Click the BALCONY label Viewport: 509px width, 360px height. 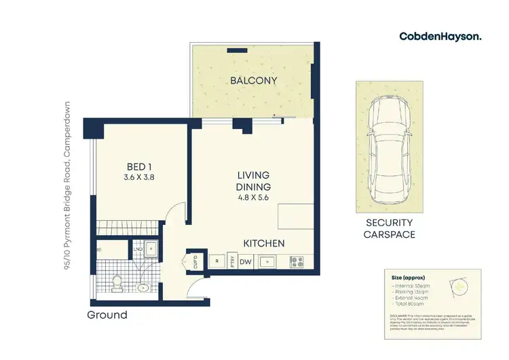pyautogui.click(x=253, y=82)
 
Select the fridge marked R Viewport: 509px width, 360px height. pyautogui.click(x=216, y=260)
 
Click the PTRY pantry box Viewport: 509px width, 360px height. pyautogui.click(x=231, y=260)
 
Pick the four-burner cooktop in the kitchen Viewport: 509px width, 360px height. pyautogui.click(x=297, y=260)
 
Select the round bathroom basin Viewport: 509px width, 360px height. pyautogui.click(x=143, y=288)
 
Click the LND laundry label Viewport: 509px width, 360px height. pyautogui.click(x=138, y=249)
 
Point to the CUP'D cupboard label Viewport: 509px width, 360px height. pyautogui.click(x=195, y=259)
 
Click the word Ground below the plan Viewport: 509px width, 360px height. pyautogui.click(x=107, y=315)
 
